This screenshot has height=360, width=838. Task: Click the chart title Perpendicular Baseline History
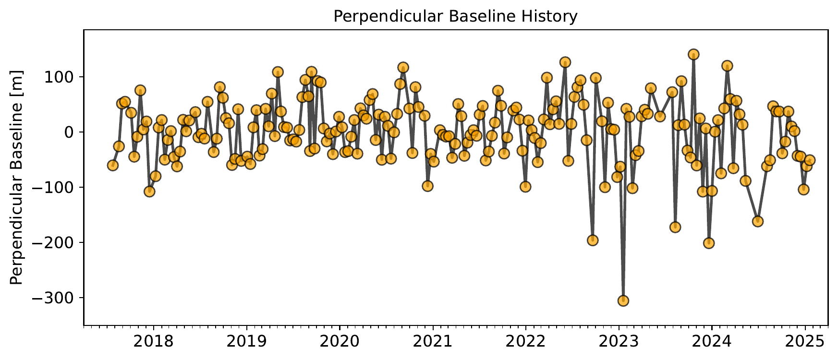tap(455, 17)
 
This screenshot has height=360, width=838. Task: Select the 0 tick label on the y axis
tap(73, 132)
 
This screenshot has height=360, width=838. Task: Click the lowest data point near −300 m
tap(623, 301)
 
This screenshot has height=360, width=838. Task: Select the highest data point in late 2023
tap(693, 54)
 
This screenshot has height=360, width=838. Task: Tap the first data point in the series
tap(113, 166)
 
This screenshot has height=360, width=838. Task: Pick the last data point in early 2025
tap(810, 160)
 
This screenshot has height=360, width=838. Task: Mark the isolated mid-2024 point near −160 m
tap(758, 221)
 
